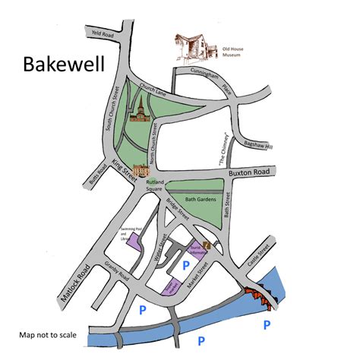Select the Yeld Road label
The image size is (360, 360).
tap(102, 34)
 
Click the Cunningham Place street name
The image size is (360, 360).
tap(228, 81)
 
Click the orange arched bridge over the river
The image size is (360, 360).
tap(260, 295)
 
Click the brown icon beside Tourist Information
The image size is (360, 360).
tap(206, 244)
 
